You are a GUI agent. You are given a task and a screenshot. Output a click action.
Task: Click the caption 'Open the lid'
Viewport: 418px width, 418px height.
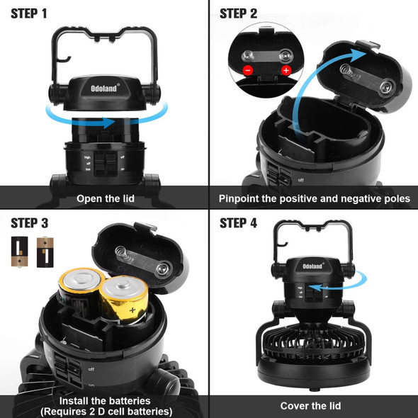click(105, 198)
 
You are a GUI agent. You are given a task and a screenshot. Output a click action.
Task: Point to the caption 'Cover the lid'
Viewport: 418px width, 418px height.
click(310, 405)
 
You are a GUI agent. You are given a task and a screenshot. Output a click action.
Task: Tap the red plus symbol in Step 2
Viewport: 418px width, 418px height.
click(286, 71)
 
